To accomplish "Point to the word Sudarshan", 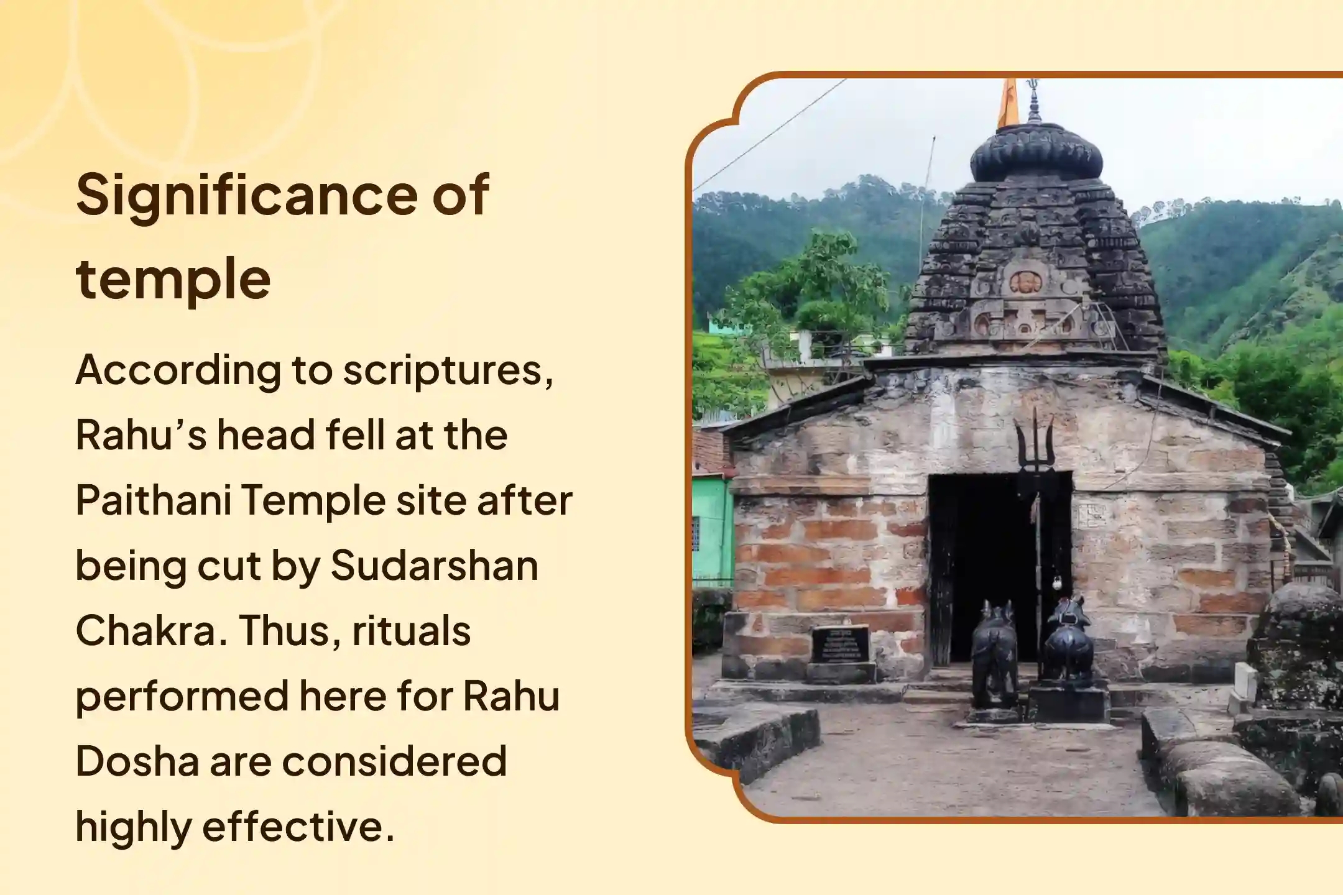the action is [x=435, y=566].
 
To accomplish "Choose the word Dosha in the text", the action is [x=137, y=761].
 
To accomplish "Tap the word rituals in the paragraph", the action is [x=411, y=631].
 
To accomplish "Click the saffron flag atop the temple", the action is [x=1008, y=104].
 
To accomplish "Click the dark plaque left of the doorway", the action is [x=841, y=645].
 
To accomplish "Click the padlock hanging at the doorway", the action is [x=1056, y=583].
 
